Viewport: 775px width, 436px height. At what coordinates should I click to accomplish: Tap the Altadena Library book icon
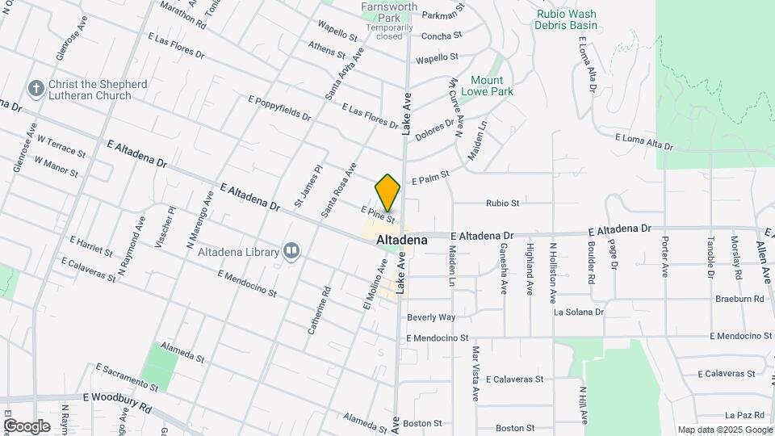pyautogui.click(x=291, y=252)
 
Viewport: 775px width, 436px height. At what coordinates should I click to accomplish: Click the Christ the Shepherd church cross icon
pyautogui.click(x=35, y=87)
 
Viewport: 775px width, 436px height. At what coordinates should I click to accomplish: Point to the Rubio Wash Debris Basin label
pyautogui.click(x=565, y=19)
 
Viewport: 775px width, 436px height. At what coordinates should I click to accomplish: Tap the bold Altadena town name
pyautogui.click(x=401, y=241)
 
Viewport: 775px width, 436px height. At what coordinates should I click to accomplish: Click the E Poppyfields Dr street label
pyautogui.click(x=279, y=108)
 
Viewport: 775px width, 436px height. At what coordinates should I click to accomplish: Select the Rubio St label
pyautogui.click(x=502, y=203)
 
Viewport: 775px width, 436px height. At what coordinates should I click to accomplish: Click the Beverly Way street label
pyautogui.click(x=431, y=317)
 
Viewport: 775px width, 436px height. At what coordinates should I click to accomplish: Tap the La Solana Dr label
pyautogui.click(x=578, y=312)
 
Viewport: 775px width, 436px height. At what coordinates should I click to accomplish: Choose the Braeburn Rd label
pyautogui.click(x=739, y=298)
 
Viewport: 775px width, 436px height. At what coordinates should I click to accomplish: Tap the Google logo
pyautogui.click(x=27, y=426)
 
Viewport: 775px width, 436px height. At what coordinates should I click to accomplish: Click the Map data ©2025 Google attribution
pyautogui.click(x=724, y=430)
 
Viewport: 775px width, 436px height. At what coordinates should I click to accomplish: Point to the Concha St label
pyautogui.click(x=442, y=36)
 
